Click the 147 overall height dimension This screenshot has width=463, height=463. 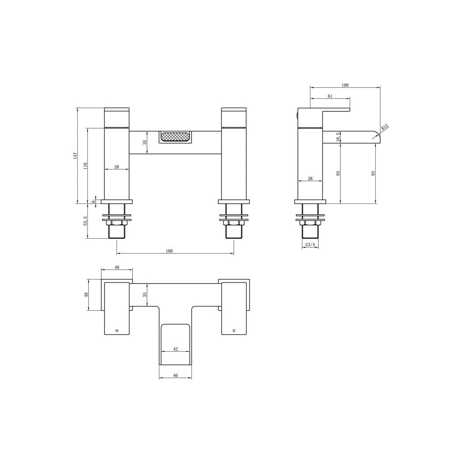(x=76, y=156)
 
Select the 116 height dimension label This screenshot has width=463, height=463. (x=85, y=166)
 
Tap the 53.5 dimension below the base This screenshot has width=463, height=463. (x=85, y=221)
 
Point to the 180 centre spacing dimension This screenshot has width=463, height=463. (x=169, y=251)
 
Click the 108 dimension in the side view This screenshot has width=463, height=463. (x=345, y=85)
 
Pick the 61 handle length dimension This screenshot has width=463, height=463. (x=330, y=96)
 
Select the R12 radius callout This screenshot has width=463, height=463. (x=385, y=127)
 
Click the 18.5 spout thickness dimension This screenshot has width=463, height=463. (x=338, y=137)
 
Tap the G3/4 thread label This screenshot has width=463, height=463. (x=310, y=245)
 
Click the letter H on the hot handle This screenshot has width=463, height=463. (x=117, y=331)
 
